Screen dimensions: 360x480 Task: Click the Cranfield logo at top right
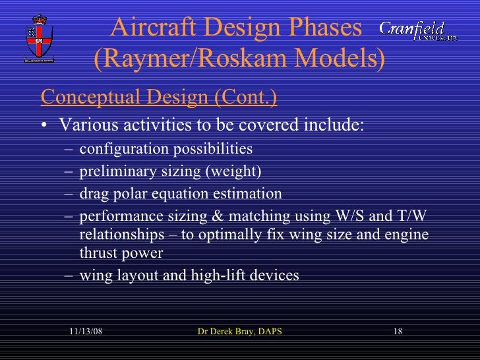(418, 31)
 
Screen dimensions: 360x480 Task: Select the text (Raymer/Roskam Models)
(239, 60)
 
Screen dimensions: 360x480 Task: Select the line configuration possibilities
(165, 148)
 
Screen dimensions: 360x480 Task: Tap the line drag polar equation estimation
(180, 195)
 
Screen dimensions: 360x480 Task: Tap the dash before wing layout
(69, 276)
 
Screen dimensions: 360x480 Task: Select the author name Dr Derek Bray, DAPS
(239, 331)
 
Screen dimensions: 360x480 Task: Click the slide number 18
(397, 331)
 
